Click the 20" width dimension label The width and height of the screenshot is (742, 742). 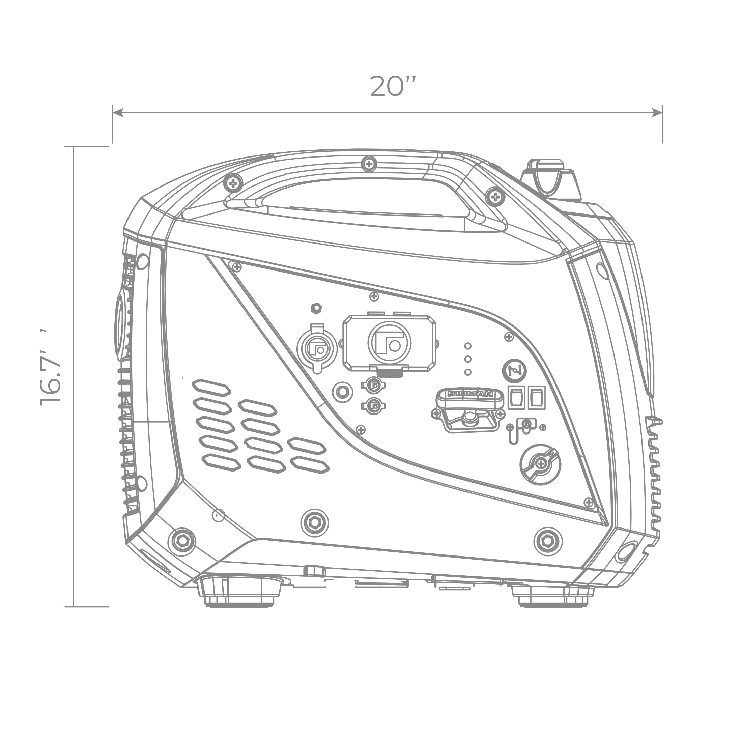(393, 86)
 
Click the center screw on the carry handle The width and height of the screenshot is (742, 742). (369, 164)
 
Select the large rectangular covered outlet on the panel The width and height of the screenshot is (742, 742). (390, 343)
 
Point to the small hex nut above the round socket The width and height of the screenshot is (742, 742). (316, 308)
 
